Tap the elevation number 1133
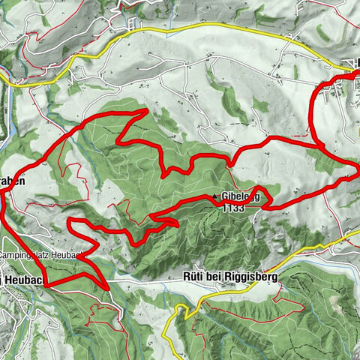233,209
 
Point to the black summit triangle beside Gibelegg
215,197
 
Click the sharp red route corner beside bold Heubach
46,284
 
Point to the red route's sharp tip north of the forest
145,110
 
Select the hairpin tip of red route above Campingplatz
70,222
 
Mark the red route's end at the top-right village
355,73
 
